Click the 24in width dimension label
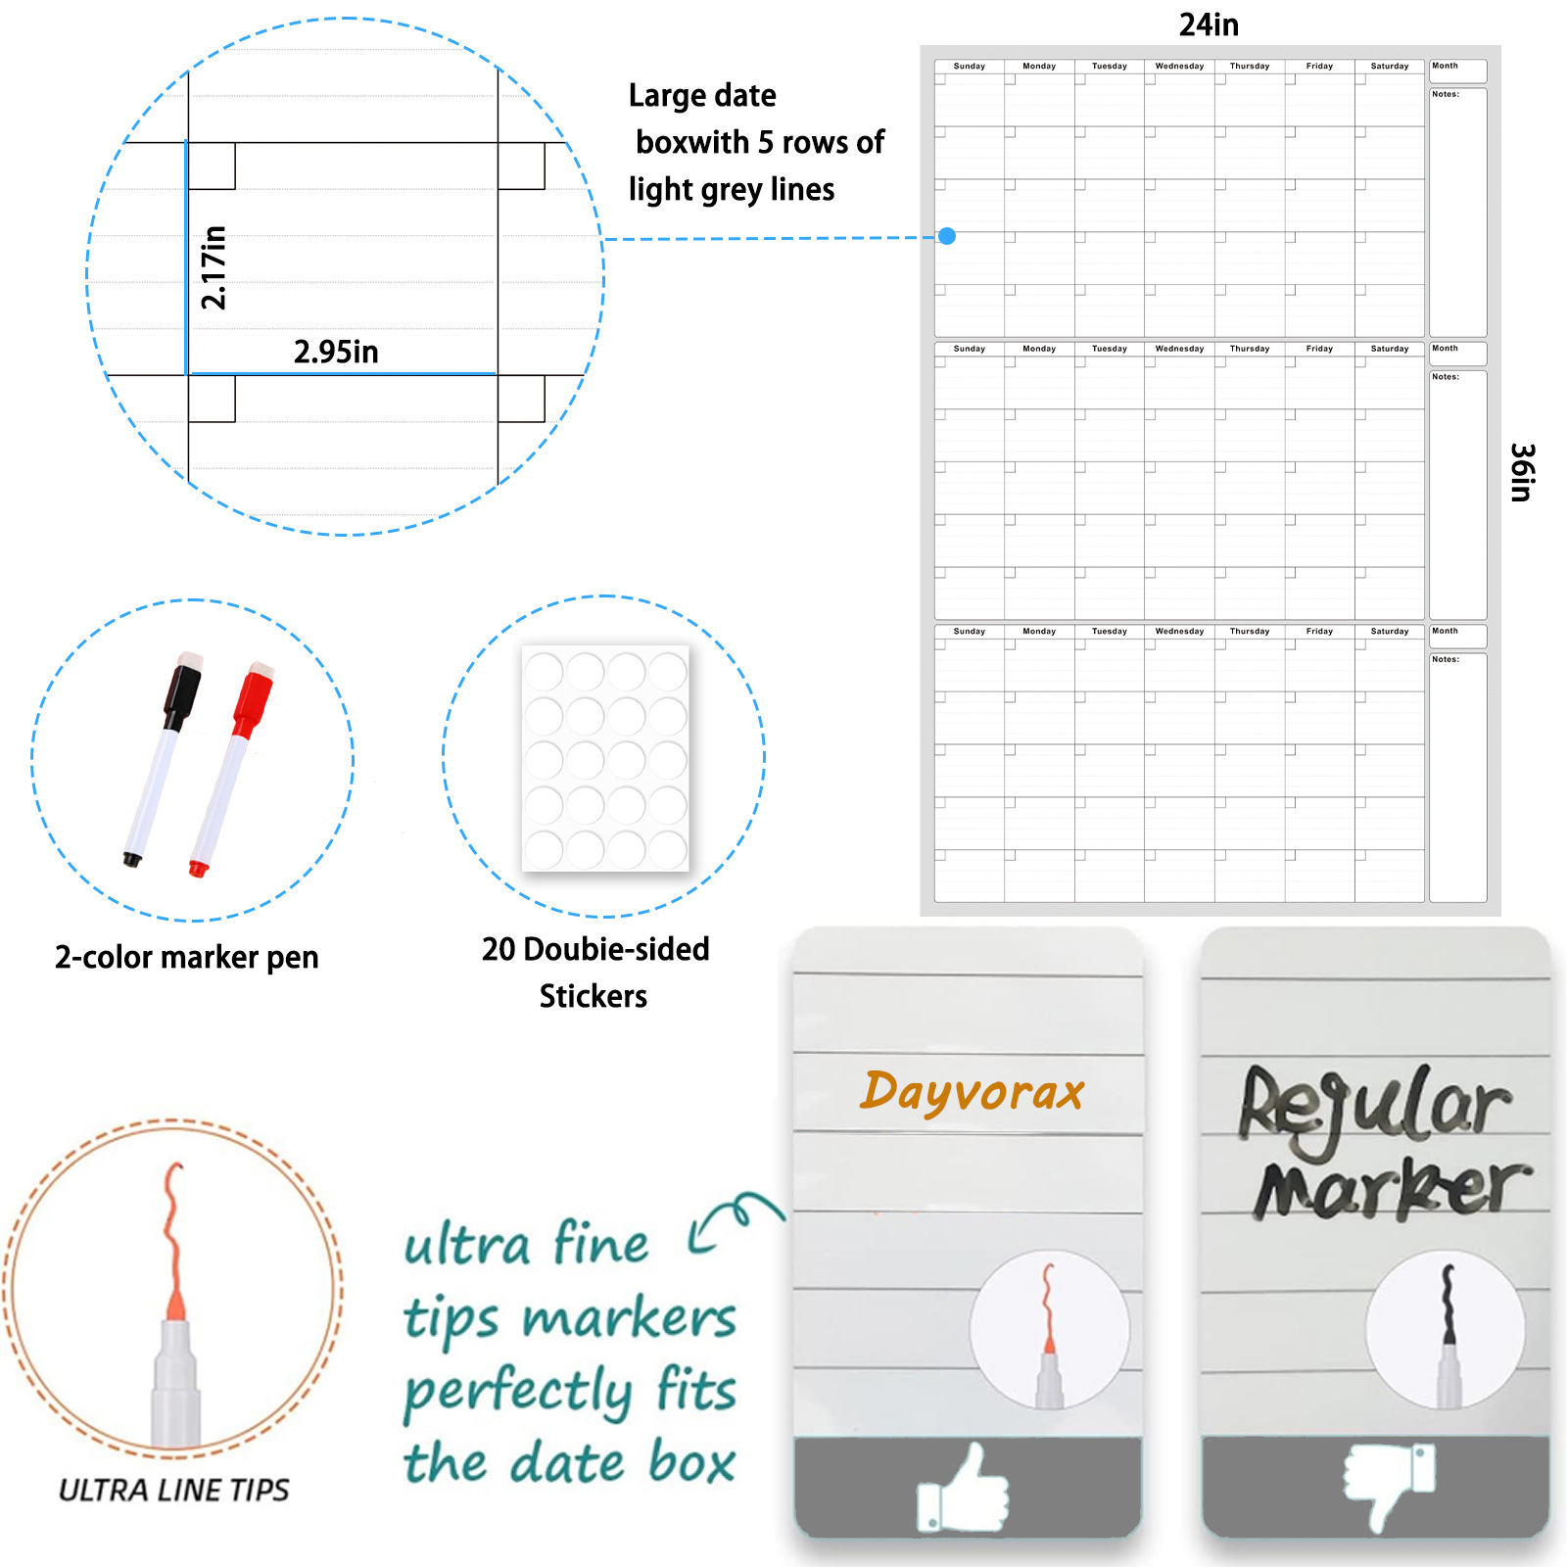1209,24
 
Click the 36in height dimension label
1521,472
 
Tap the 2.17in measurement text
214,267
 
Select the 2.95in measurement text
336,352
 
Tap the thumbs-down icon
1388,1483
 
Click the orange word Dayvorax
972,1092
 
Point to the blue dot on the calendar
947,236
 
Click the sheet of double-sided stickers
605,758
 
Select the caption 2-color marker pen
187,957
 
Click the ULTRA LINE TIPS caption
174,1490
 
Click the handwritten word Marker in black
1391,1190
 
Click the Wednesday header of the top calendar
1179,67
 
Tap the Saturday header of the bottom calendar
1389,632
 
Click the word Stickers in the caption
594,996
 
